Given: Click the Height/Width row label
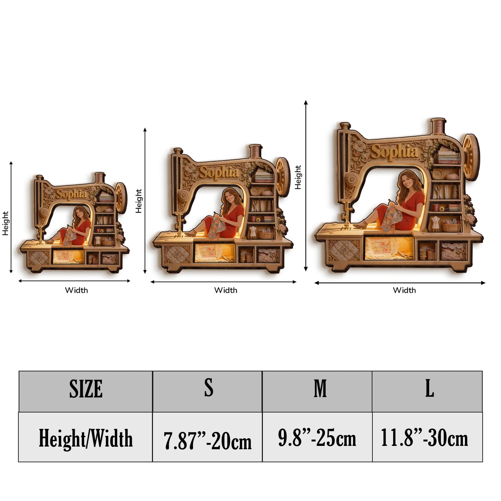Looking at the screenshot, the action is [86, 437].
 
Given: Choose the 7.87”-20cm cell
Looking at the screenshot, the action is [207, 437].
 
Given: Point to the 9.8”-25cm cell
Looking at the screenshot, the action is [317, 437].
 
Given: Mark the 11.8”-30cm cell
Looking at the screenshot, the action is [427, 437].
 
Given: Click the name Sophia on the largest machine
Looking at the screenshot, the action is [394, 151].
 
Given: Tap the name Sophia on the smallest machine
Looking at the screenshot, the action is [71, 194].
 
